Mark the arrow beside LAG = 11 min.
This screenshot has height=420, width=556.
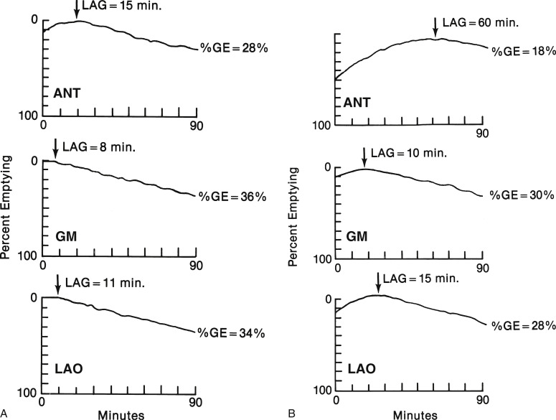pyautogui.click(x=57, y=284)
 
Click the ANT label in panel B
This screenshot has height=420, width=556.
pyautogui.click(x=357, y=104)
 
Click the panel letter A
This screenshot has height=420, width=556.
pyautogui.click(x=5, y=413)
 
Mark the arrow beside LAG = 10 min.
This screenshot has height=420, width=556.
pyautogui.click(x=364, y=157)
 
